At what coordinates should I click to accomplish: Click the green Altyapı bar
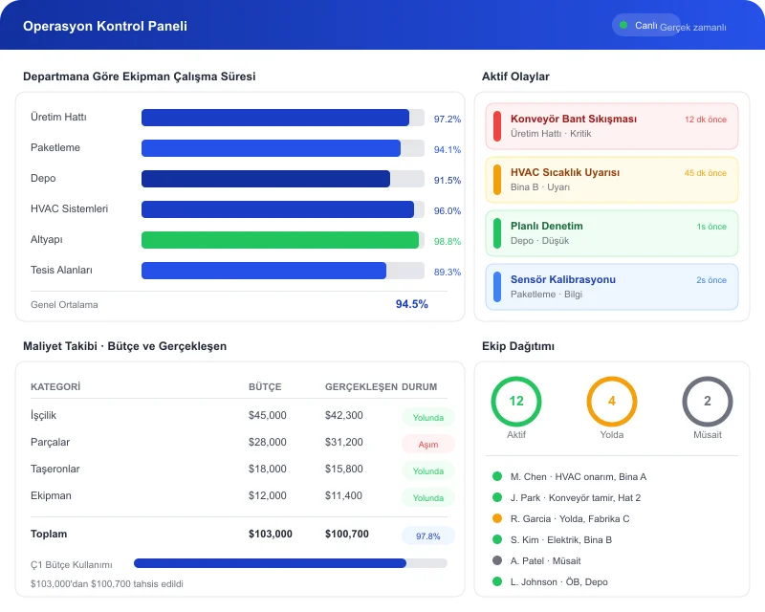pos(280,240)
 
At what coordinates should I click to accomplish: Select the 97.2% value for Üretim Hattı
pos(447,120)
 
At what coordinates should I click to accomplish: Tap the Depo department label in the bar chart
pos(44,179)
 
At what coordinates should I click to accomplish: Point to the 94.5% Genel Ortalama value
pos(411,304)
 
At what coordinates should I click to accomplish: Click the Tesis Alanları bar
pos(264,271)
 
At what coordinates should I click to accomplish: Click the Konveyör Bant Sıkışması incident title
pos(573,119)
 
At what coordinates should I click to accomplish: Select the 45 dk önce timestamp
pos(705,173)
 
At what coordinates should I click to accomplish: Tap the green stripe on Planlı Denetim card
pos(496,233)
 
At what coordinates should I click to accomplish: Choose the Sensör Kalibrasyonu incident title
pos(562,279)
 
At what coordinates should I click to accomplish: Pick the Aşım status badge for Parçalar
pos(427,444)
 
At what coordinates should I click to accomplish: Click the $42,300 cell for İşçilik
pos(343,415)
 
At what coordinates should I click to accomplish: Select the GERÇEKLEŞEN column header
pos(361,387)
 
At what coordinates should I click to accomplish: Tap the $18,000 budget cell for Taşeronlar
pos(267,469)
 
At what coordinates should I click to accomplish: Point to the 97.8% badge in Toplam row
pos(427,535)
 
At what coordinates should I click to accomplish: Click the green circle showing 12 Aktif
pos(516,402)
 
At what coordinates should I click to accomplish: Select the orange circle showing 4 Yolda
pos(612,402)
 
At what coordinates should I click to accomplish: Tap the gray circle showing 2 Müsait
pos(708,402)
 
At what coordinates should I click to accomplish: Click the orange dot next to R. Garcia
pos(496,518)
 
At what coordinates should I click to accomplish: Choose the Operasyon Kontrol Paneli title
pos(105,26)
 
